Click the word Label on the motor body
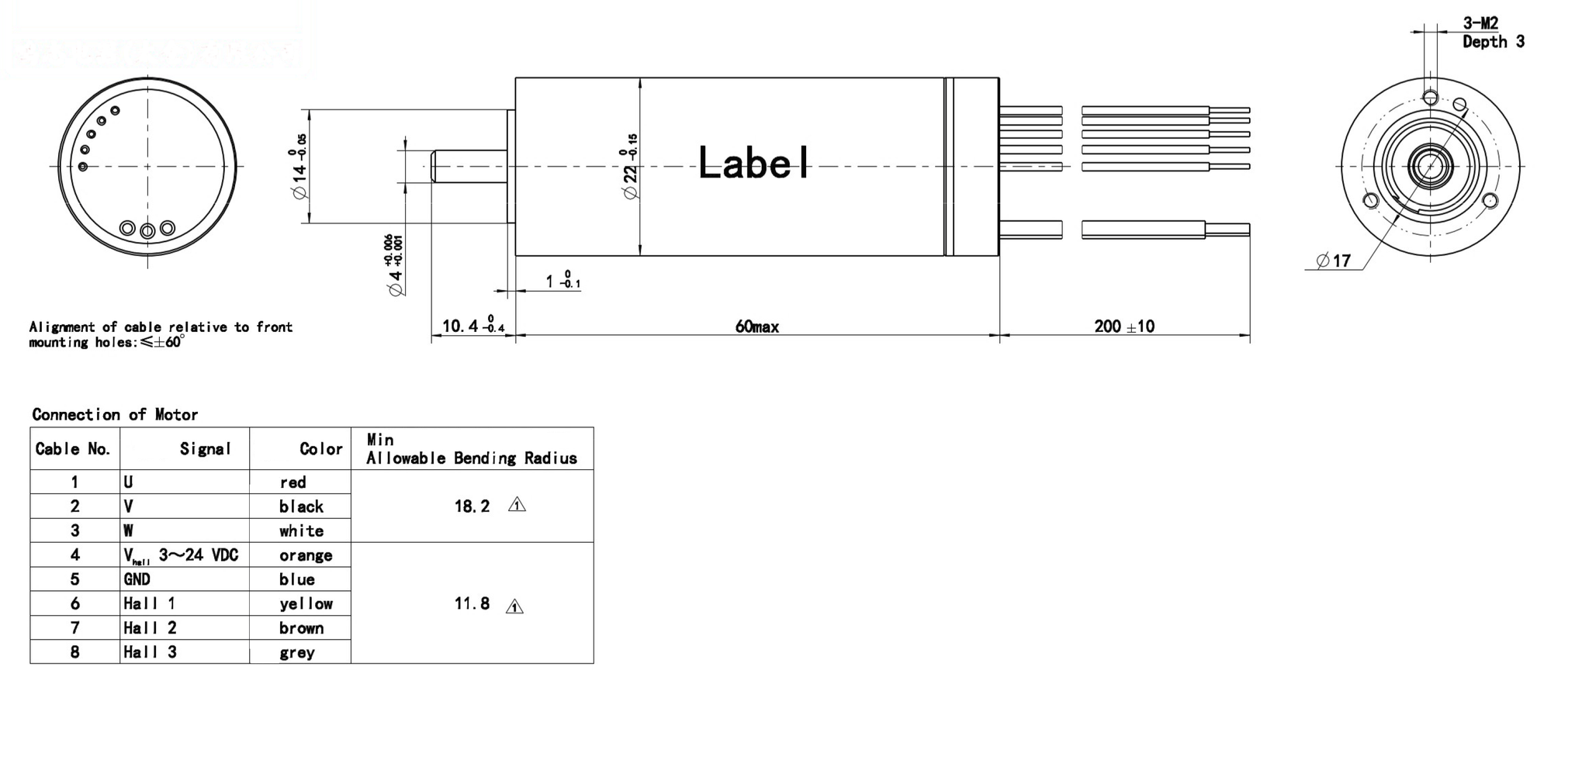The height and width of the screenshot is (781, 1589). [753, 164]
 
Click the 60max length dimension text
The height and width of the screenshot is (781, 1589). [756, 327]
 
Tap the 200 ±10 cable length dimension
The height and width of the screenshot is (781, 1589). [1123, 327]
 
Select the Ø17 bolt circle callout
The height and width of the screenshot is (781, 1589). [1335, 261]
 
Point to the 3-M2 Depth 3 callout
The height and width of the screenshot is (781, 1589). [1492, 33]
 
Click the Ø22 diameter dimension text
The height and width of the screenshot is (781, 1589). [631, 167]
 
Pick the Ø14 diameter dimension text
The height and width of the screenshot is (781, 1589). [299, 167]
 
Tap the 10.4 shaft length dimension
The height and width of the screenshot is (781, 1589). [473, 326]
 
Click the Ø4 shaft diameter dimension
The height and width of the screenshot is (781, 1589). [395, 265]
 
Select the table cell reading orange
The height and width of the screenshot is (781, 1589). [306, 555]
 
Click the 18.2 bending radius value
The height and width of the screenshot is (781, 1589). [472, 506]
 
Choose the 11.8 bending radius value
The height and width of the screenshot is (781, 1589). [472, 603]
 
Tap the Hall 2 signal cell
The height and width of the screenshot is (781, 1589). [150, 628]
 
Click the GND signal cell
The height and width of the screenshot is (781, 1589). [137, 579]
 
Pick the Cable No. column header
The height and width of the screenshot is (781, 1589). [73, 449]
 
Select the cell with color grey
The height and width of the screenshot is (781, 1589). [297, 652]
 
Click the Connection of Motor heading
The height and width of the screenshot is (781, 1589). [115, 414]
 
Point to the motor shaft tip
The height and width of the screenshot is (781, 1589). [434, 167]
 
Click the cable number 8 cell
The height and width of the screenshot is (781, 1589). [74, 652]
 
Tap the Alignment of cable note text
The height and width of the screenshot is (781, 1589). [161, 334]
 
